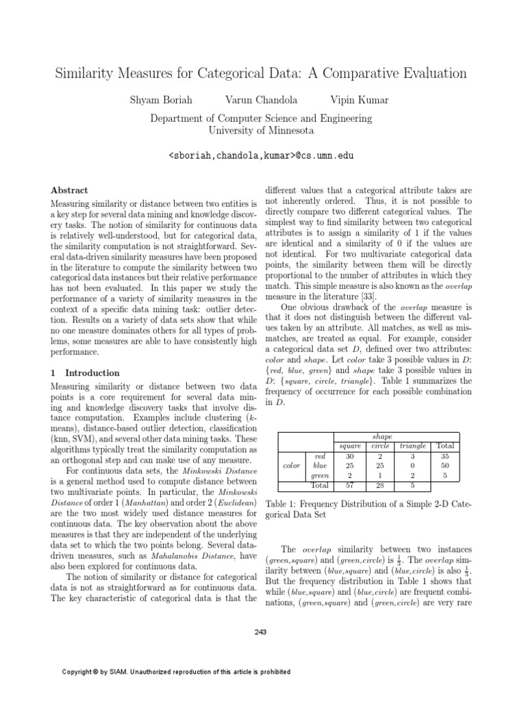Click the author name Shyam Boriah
(160, 101)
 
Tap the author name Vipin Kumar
(360, 101)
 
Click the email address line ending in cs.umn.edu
(262, 156)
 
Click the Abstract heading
(71, 190)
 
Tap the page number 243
(260, 632)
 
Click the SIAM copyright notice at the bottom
(177, 672)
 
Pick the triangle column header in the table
(412, 446)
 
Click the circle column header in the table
(379, 446)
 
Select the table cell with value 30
(349, 455)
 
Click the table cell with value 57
(349, 485)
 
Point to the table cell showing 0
(412, 466)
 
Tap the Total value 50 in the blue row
(445, 466)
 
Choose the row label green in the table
(319, 476)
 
